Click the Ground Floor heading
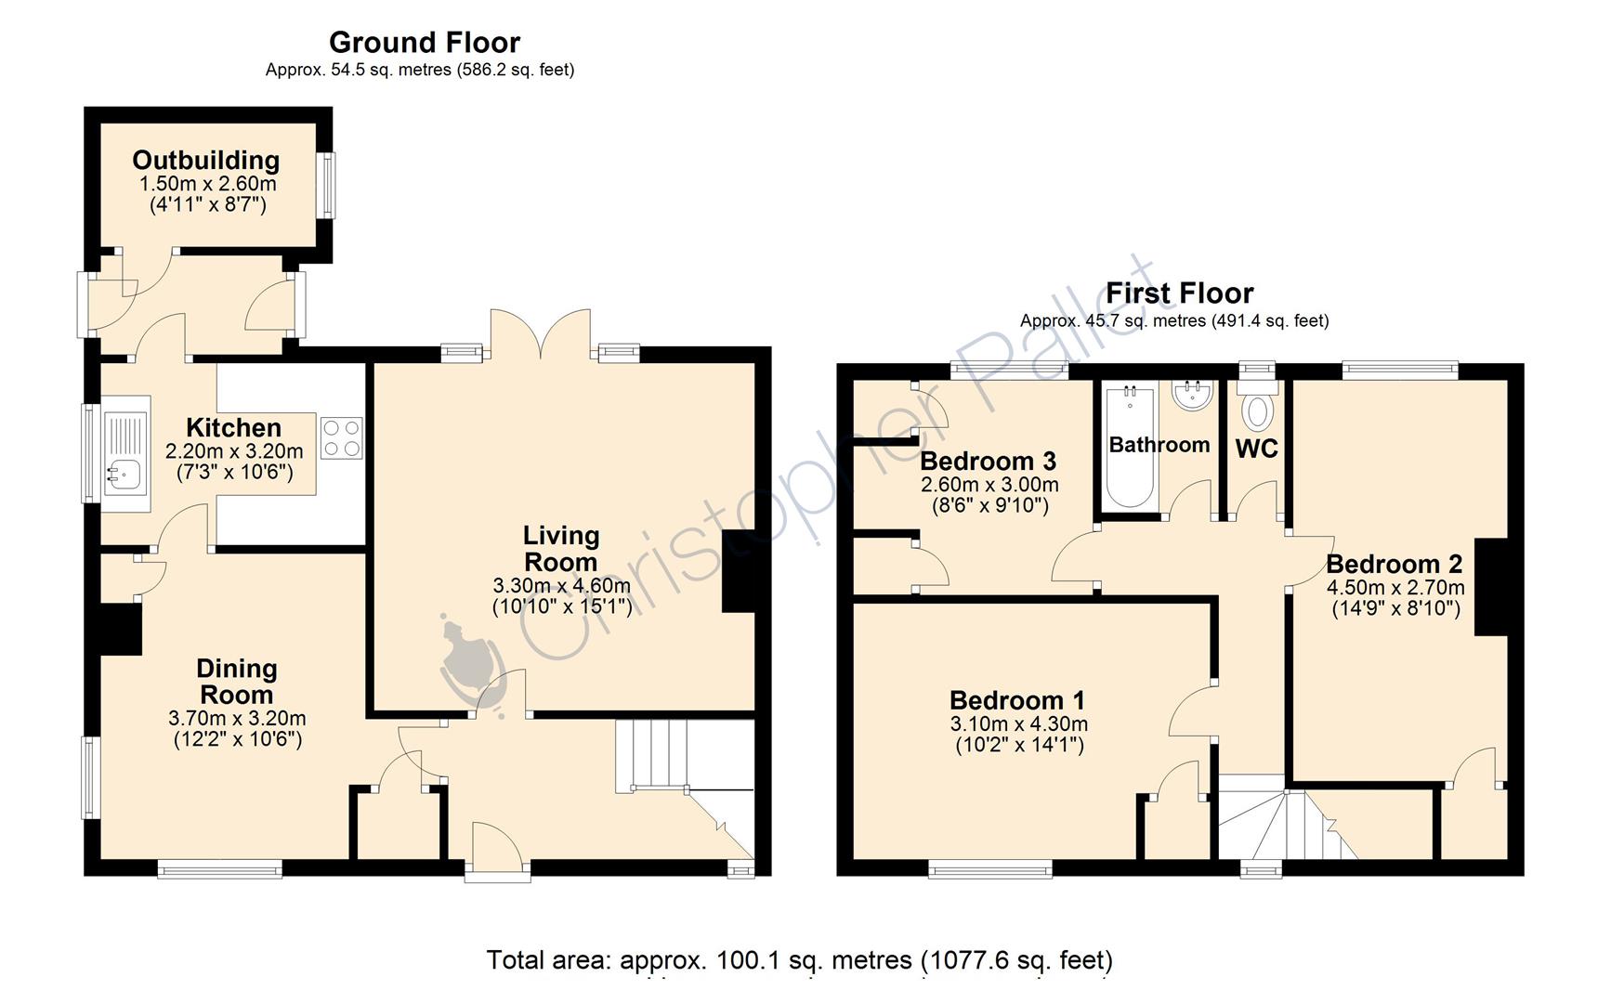point(424,42)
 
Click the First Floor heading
point(1178,293)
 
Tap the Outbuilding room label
point(206,161)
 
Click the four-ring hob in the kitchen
point(341,438)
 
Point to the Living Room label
point(560,549)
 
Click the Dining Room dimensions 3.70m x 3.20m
point(237,718)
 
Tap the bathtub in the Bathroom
point(1130,447)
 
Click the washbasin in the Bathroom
point(1192,397)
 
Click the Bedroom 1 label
point(1017,700)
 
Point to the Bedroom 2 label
point(1394,564)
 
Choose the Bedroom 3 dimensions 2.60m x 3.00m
point(989,485)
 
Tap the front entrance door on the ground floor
point(497,850)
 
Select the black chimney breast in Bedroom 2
point(1491,586)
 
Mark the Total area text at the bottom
point(799,959)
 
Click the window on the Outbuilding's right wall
point(328,184)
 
